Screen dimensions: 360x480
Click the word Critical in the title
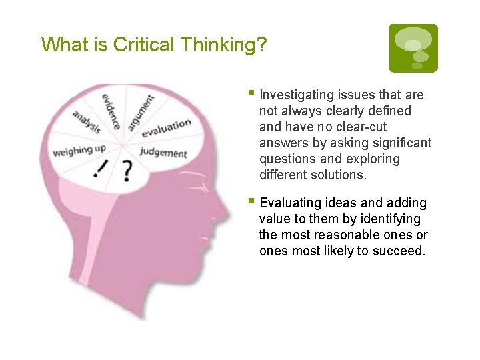click(x=142, y=45)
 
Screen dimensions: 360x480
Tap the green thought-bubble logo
click(x=413, y=48)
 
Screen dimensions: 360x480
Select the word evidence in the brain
click(x=111, y=110)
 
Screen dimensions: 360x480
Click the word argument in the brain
click(x=141, y=111)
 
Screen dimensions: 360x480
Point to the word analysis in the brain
click(x=87, y=121)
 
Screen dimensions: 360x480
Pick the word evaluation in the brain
click(x=166, y=127)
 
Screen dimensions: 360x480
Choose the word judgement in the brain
click(x=163, y=153)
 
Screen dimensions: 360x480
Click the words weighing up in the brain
click(x=79, y=150)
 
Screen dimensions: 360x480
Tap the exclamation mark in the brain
click(x=101, y=170)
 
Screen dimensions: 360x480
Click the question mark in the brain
click(x=127, y=172)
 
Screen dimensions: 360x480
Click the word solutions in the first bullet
click(x=337, y=175)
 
